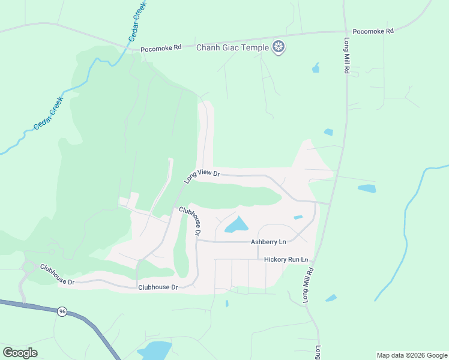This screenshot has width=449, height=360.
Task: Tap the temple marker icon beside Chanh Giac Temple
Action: [x=279, y=47]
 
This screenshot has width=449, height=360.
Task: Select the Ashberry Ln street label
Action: [x=268, y=242]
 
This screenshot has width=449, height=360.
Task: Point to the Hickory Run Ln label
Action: [x=286, y=260]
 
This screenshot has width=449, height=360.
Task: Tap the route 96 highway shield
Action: [x=62, y=311]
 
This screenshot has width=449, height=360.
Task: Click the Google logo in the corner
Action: [x=20, y=352]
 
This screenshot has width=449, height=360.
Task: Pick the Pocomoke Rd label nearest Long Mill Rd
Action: [x=373, y=31]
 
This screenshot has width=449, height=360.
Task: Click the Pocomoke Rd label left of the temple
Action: [x=161, y=49]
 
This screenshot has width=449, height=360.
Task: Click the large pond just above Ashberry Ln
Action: [x=237, y=226]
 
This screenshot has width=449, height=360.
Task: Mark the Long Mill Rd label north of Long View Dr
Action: [x=347, y=56]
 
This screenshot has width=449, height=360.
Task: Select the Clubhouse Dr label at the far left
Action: [x=57, y=274]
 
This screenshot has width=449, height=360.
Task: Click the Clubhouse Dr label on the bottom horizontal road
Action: [x=158, y=287]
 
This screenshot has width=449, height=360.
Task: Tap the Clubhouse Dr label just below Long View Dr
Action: [x=189, y=220]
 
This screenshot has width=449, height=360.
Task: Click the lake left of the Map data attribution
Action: [x=155, y=350]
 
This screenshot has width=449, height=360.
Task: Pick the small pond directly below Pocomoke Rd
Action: [x=316, y=68]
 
